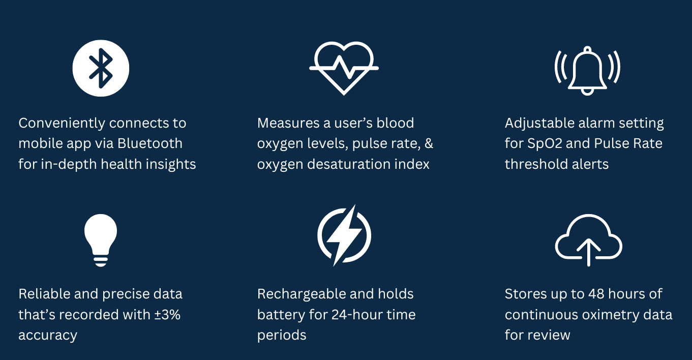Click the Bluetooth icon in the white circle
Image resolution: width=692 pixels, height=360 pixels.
(x=101, y=68)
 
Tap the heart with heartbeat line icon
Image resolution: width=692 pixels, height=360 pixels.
(x=344, y=68)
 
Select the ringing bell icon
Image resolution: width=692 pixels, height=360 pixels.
(x=587, y=71)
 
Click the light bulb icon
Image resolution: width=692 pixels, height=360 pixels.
(x=101, y=240)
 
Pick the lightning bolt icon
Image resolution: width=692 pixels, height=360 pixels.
(x=344, y=235)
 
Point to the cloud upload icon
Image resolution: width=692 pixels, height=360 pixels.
(x=588, y=240)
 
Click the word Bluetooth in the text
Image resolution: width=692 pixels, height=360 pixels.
(x=150, y=143)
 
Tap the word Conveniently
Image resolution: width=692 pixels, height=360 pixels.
(x=62, y=124)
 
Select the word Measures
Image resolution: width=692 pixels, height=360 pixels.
(x=288, y=123)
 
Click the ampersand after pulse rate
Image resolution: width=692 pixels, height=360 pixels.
(x=429, y=143)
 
